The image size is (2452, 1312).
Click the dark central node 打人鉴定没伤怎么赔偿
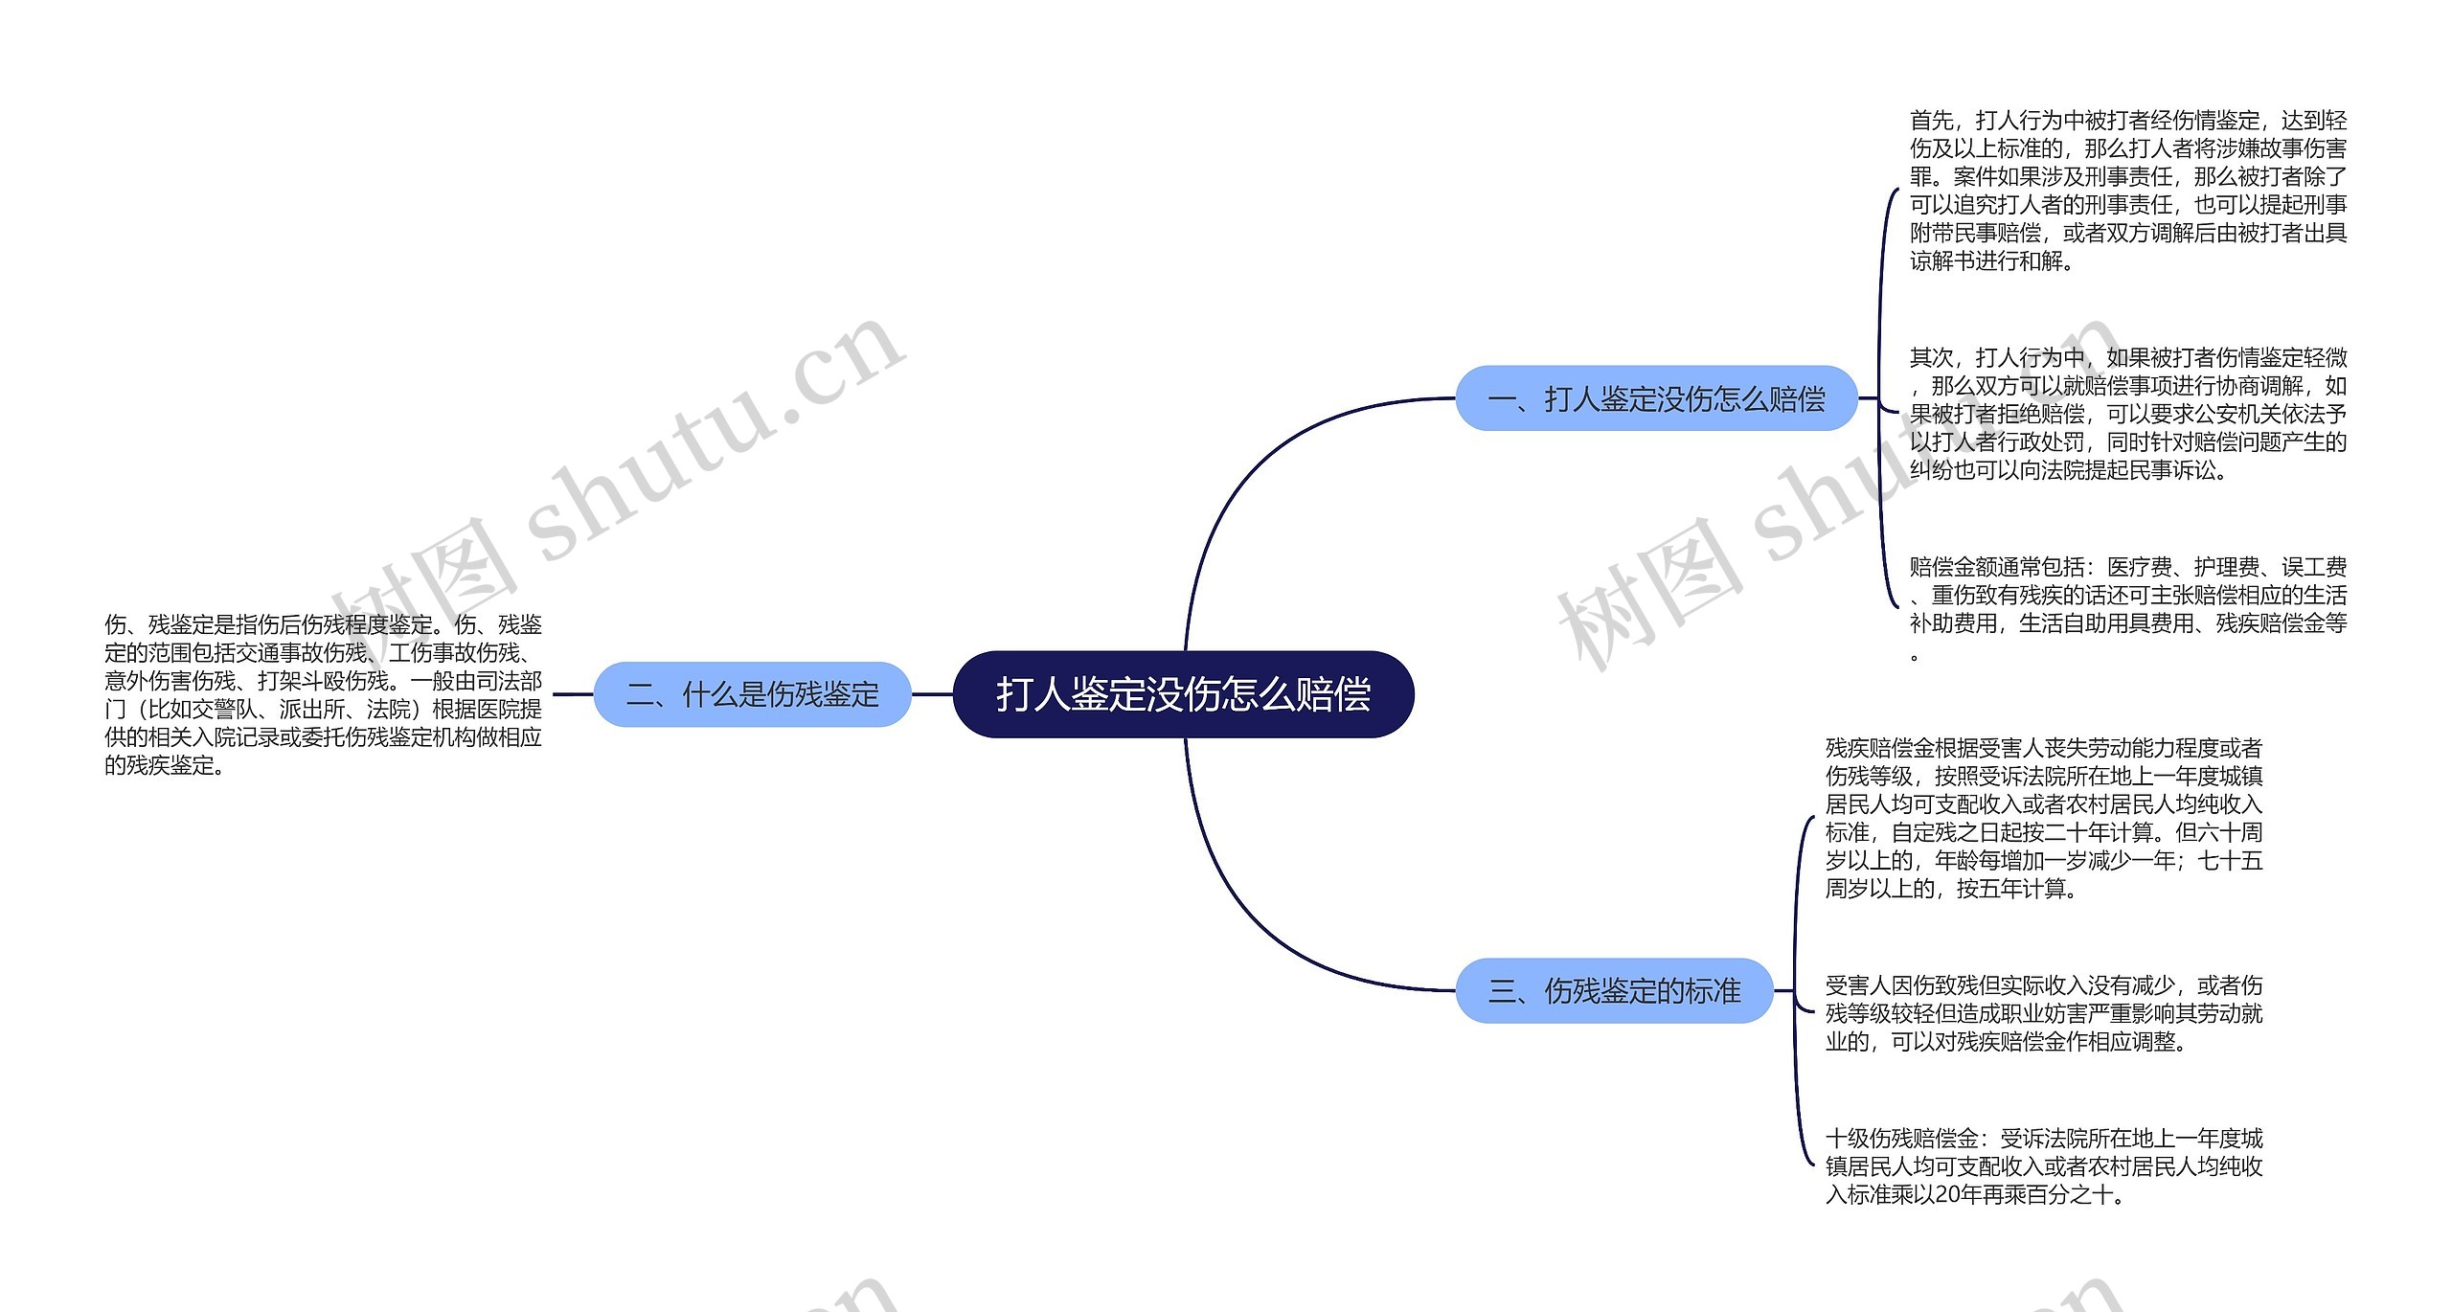pyautogui.click(x=1183, y=694)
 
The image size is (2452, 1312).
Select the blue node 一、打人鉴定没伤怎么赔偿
pyautogui.click(x=1656, y=398)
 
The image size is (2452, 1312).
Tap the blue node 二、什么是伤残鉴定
pyautogui.click(x=752, y=694)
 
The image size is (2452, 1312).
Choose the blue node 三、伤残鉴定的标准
pyautogui.click(x=1614, y=990)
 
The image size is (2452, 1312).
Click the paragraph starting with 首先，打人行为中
pyautogui.click(x=2127, y=190)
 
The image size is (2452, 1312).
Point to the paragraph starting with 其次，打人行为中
pyautogui.click(x=2127, y=414)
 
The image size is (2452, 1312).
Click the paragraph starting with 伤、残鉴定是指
pyautogui.click(x=323, y=694)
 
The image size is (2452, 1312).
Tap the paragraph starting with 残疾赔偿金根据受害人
pyautogui.click(x=2043, y=818)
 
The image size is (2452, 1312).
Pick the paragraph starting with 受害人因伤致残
pyautogui.click(x=2043, y=1013)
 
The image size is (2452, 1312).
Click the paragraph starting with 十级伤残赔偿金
pyautogui.click(x=2043, y=1166)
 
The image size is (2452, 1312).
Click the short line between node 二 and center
pyautogui.click(x=931, y=694)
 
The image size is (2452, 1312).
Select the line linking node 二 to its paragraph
pyautogui.click(x=573, y=694)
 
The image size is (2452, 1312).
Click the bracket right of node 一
pyautogui.click(x=1883, y=398)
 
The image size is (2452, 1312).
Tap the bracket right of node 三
pyautogui.click(x=1797, y=990)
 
